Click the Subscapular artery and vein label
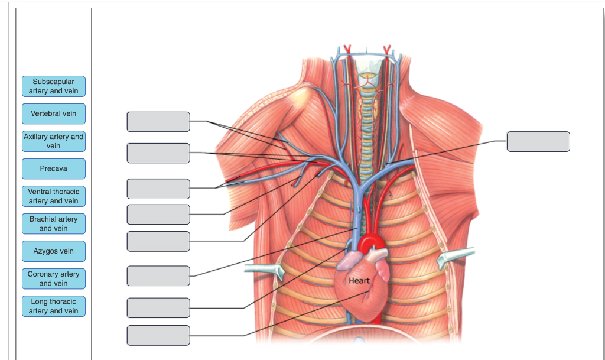click(54, 86)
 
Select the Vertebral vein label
click(54, 113)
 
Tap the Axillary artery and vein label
click(54, 141)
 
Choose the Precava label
click(54, 168)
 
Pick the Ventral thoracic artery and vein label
click(54, 196)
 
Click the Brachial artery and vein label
click(54, 223)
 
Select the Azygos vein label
click(54, 251)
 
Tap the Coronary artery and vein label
click(54, 278)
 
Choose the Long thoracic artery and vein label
click(54, 306)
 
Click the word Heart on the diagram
click(359, 280)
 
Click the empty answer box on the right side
click(538, 142)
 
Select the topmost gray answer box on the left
click(158, 122)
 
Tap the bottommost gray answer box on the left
click(158, 335)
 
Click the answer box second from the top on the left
click(158, 153)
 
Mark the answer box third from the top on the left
click(158, 189)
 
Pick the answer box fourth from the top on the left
click(158, 214)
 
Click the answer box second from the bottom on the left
click(158, 308)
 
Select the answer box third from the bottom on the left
click(158, 275)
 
